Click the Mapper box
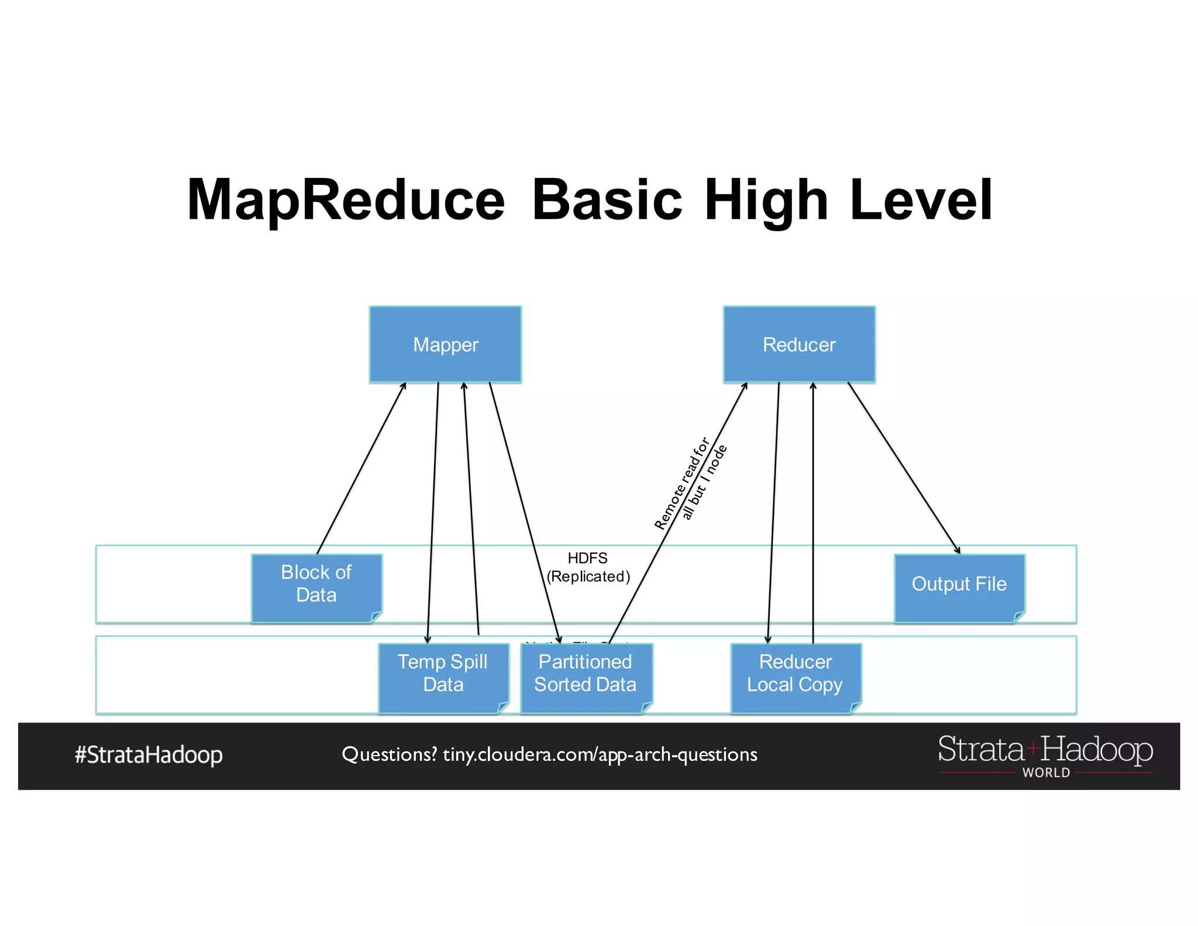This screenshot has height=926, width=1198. pos(445,344)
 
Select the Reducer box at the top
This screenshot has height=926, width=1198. pos(799,344)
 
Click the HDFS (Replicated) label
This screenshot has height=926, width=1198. pos(588,567)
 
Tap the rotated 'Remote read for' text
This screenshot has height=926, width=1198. pos(681,483)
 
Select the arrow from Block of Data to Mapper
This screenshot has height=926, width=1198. pos(361,468)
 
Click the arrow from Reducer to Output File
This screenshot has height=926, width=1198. pos(904,468)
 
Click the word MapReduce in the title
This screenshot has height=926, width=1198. pos(346,200)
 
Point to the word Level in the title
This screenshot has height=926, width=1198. pos(921,200)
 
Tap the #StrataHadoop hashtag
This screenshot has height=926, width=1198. pos(149,754)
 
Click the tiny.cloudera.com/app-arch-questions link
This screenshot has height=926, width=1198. pos(600,754)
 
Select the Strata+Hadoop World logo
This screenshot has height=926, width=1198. pos(1045,756)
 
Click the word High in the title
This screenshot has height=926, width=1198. pos(766,200)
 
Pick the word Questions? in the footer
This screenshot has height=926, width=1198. pos(389,754)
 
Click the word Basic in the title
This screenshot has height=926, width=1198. pos(607,200)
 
